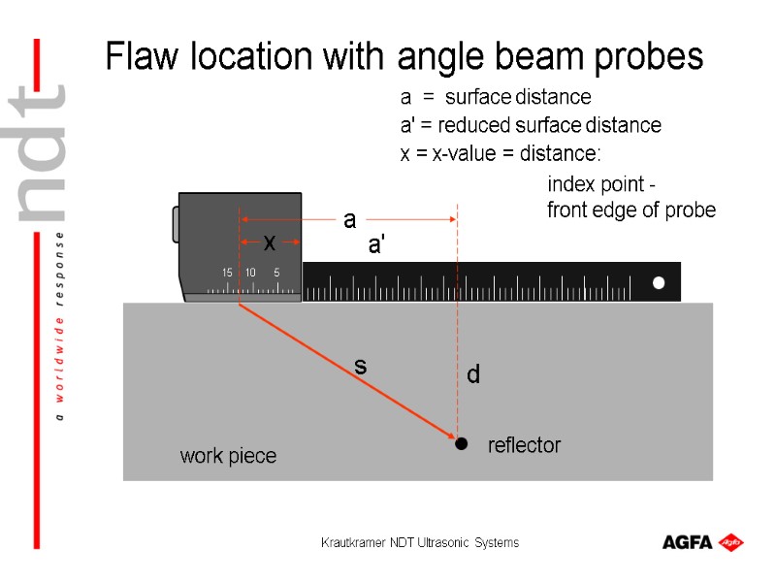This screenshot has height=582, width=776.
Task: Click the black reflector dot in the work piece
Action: click(462, 443)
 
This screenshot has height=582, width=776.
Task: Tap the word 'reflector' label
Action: click(524, 445)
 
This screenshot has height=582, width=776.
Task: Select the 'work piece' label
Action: click(228, 456)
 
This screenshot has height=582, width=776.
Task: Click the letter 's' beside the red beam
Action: click(360, 367)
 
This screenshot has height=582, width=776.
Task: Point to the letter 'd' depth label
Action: click(473, 374)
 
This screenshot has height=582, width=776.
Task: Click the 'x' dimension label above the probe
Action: click(270, 241)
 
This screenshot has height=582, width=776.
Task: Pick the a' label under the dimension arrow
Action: click(376, 246)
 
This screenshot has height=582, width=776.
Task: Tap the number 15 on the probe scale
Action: click(227, 273)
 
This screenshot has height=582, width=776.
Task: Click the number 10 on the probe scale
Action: click(250, 273)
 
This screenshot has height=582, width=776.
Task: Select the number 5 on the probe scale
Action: click(276, 273)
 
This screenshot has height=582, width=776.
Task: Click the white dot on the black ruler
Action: click(659, 282)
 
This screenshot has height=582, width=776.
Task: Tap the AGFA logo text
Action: click(688, 542)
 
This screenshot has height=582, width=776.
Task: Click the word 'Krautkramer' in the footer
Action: click(353, 543)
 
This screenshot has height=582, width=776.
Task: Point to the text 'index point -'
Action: click(601, 184)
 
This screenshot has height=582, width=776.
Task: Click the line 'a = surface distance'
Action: click(495, 98)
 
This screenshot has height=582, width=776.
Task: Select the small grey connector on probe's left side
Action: click(175, 224)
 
